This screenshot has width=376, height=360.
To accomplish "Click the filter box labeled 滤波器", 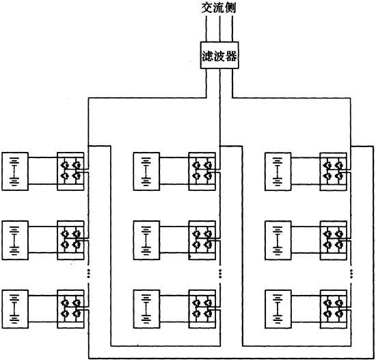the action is click(x=219, y=55).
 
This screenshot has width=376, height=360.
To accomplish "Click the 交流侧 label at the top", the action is click(x=219, y=8).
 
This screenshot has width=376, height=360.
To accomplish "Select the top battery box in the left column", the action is click(x=15, y=171).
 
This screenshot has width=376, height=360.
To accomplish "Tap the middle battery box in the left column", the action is click(x=15, y=240).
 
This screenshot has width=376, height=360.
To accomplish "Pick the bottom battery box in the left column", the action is click(x=15, y=309).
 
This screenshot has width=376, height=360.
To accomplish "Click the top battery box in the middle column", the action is click(x=146, y=171).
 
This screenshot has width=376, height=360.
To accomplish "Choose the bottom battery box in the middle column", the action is click(x=146, y=309).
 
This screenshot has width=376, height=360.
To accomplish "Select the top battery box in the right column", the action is click(x=278, y=171).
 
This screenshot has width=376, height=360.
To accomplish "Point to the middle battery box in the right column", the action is click(x=278, y=240).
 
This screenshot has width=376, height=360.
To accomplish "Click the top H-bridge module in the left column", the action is click(x=70, y=171).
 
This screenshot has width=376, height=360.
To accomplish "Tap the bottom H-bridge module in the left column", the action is click(x=70, y=309).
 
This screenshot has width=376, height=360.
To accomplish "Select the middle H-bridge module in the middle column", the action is click(x=202, y=240).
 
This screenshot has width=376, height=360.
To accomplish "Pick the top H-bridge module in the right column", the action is click(x=334, y=171).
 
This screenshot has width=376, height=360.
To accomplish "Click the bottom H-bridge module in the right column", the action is click(x=334, y=309).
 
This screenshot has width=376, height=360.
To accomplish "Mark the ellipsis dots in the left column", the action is click(x=88, y=274).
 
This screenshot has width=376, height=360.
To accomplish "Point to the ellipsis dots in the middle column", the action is click(x=220, y=274).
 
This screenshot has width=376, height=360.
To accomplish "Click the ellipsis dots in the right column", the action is click(x=351, y=274).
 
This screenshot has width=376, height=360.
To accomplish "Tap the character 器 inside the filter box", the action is click(x=231, y=56).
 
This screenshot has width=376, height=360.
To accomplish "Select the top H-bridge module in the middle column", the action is click(x=202, y=171).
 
